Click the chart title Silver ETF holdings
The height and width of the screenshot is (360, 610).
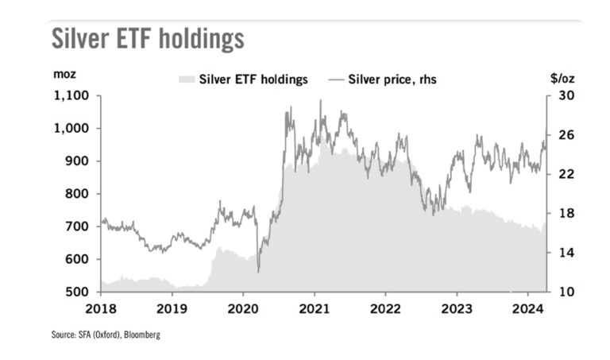pyautogui.click(x=148, y=38)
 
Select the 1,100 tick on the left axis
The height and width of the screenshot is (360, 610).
pyautogui.click(x=73, y=96)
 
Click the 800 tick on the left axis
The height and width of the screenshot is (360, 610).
pyautogui.click(x=79, y=194)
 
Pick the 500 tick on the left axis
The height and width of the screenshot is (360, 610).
pyautogui.click(x=79, y=292)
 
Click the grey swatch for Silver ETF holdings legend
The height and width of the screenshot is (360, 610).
pyautogui.click(x=187, y=79)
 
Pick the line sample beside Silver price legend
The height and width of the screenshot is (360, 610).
pyautogui.click(x=335, y=79)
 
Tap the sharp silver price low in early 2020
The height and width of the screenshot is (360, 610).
pyautogui.click(x=259, y=273)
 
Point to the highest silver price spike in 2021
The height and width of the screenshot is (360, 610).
pyautogui.click(x=320, y=101)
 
